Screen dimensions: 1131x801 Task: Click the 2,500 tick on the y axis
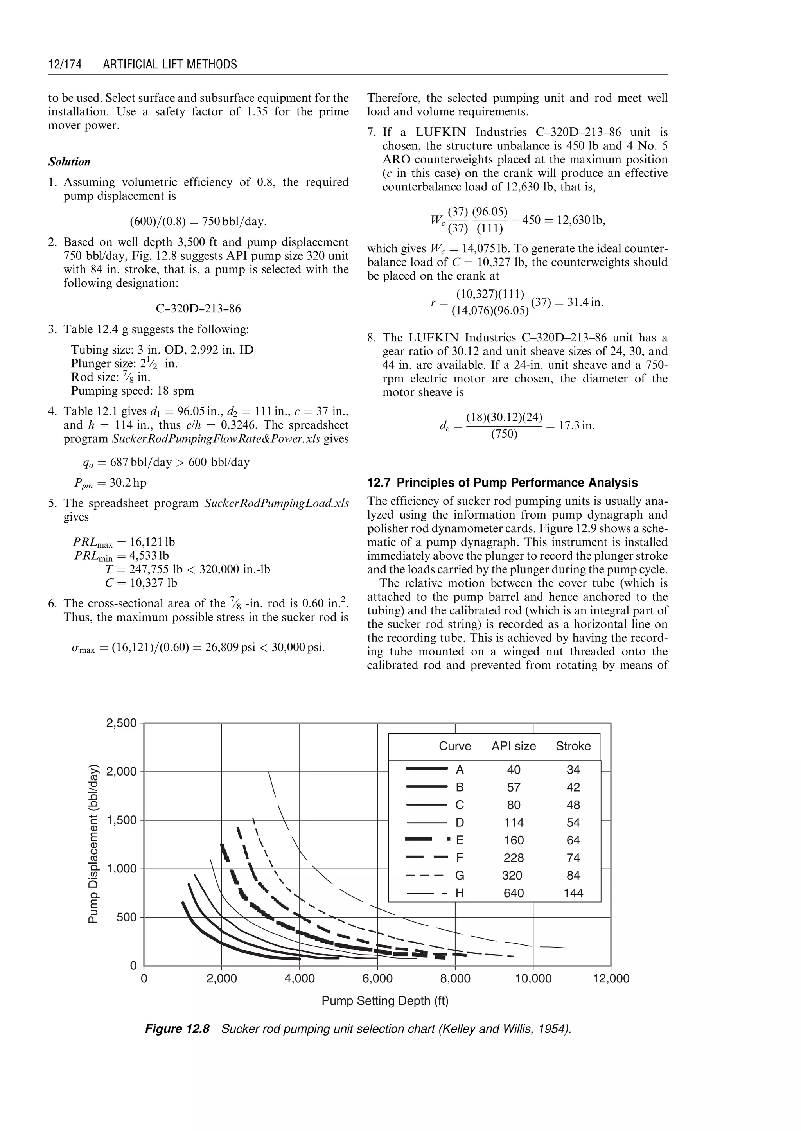(x=121, y=723)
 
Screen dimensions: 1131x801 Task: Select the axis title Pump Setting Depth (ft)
(x=385, y=1001)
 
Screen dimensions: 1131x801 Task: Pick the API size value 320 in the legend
(x=514, y=876)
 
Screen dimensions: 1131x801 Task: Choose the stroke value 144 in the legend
(x=573, y=893)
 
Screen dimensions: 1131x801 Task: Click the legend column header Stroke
(x=573, y=746)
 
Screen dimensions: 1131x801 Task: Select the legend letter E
(x=460, y=840)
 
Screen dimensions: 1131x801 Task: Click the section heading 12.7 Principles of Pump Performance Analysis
(x=502, y=483)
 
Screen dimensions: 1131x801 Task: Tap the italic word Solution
(x=70, y=162)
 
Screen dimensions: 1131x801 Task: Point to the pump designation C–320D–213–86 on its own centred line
(x=198, y=309)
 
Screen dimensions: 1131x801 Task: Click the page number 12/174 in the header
(x=65, y=65)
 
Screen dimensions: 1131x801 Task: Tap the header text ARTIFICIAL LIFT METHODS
(x=170, y=65)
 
